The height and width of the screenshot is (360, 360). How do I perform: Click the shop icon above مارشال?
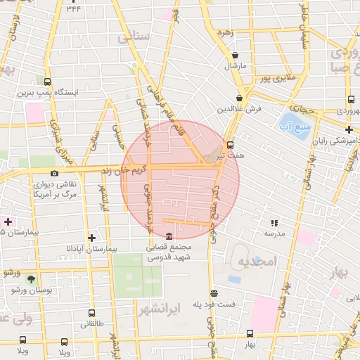tap(234, 55)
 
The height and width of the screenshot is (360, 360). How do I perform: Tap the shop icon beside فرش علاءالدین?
tap(240, 98)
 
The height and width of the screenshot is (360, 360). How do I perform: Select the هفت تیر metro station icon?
tap(250, 145)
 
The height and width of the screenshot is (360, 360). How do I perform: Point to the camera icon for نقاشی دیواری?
tap(54, 173)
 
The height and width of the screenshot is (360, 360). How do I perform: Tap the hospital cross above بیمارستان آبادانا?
tap(91, 238)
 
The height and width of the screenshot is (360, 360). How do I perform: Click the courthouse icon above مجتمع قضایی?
tap(169, 236)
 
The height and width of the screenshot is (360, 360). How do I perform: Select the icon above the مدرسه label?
tap(274, 223)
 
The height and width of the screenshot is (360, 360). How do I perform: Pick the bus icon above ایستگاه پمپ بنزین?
tap(47, 82)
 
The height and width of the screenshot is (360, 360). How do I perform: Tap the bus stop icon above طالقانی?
tap(91, 314)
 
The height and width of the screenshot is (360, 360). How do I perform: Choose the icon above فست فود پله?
tap(214, 293)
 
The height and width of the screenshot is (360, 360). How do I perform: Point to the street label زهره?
tap(226, 33)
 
